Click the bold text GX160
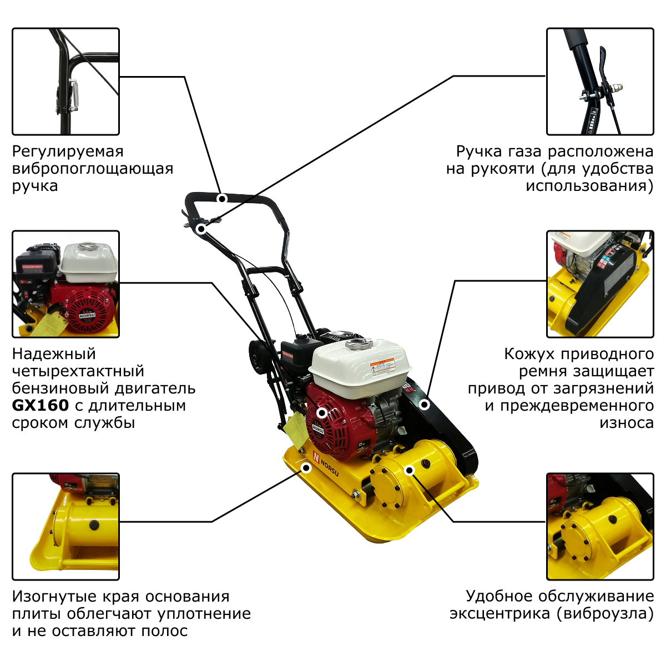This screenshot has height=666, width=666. coord(41,406)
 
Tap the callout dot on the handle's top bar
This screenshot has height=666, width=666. coord(222,198)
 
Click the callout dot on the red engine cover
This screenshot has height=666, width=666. coord(322,413)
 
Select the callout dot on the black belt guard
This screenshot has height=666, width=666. coord(425,405)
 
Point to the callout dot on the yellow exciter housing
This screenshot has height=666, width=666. coord(410,471)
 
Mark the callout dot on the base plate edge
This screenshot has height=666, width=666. coord(306,468)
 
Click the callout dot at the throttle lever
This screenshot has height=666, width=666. coord(200,229)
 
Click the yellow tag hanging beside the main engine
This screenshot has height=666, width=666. coord(295,430)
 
